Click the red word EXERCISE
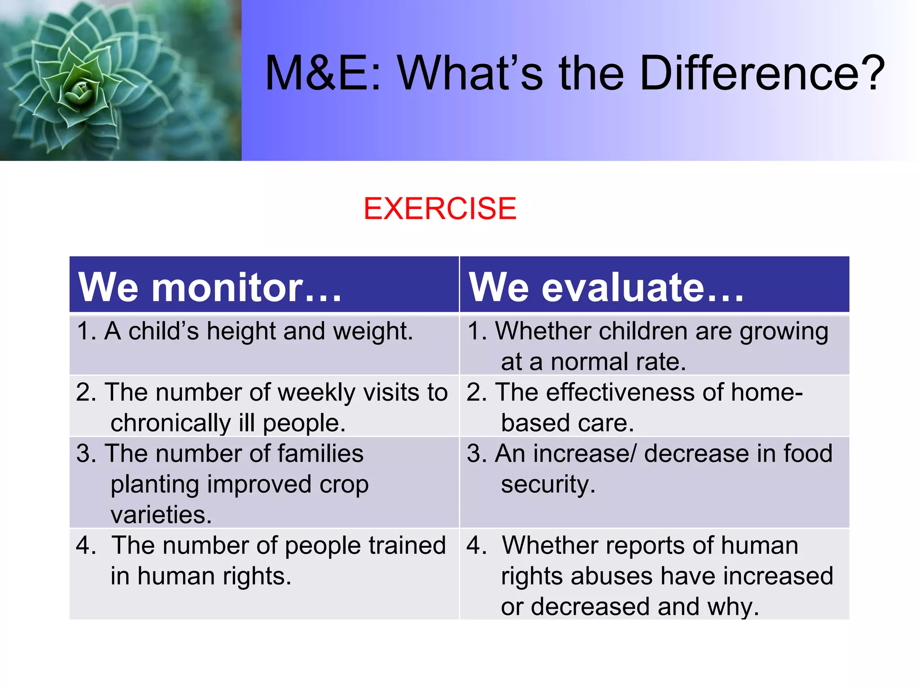[x=440, y=209]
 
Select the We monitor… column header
[x=210, y=287]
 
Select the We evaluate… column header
[x=606, y=287]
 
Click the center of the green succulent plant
[x=81, y=90]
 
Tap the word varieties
[x=161, y=515]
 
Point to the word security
[x=547, y=484]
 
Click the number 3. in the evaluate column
[x=477, y=454]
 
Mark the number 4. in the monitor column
[x=86, y=545]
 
